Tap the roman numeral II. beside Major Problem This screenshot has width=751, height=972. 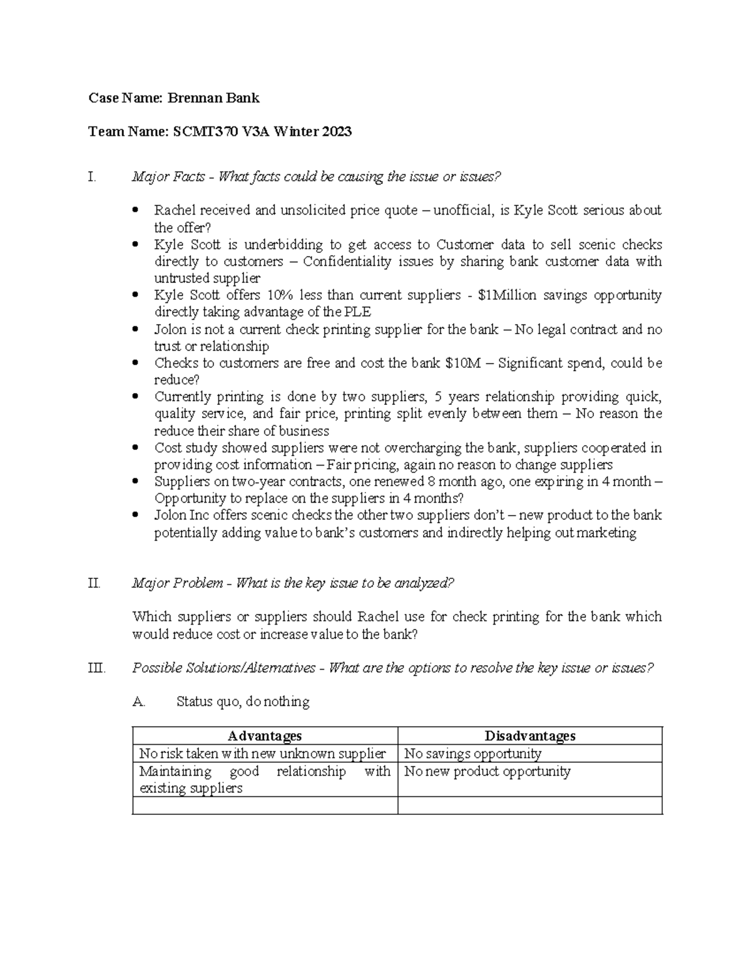coord(94,583)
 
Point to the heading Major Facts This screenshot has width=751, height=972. coord(168,177)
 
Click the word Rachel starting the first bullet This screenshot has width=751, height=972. coord(175,210)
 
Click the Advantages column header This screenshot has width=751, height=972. coord(265,736)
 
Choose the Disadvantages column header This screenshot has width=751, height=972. coord(530,736)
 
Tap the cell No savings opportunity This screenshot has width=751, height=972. coord(473,754)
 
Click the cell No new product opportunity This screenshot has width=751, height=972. coord(487,771)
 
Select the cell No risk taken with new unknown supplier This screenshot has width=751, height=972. coord(262,754)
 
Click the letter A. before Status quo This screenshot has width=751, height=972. coord(139,702)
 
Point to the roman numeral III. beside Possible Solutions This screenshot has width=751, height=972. coord(96,668)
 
